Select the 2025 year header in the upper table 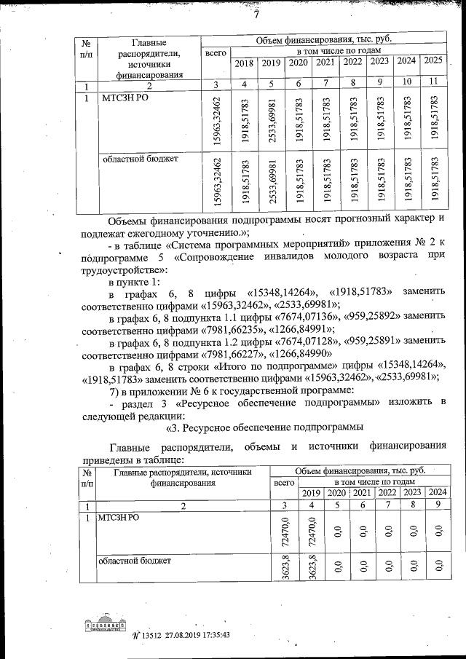433,60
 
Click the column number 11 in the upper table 433,81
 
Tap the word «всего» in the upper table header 216,53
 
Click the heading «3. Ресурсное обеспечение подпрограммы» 266,427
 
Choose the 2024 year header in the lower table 437,493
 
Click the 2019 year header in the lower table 312,493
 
